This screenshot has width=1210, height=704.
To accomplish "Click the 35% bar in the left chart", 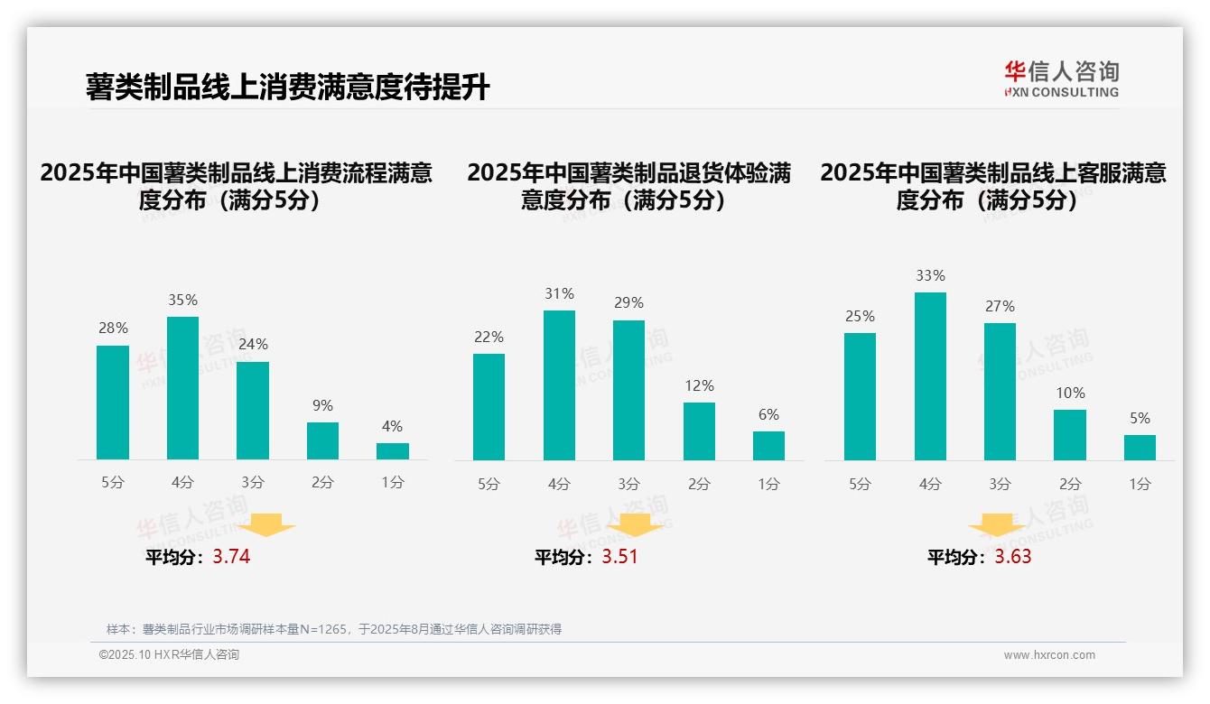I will click(x=182, y=388).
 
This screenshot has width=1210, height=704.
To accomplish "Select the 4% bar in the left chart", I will click(x=393, y=450).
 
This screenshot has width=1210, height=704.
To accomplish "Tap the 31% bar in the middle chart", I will click(x=559, y=385).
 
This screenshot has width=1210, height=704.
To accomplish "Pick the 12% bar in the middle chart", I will click(x=699, y=431).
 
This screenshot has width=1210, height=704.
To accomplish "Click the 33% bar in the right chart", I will click(x=930, y=376).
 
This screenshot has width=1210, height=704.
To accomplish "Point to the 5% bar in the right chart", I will click(x=1140, y=448).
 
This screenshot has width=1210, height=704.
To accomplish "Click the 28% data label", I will click(x=113, y=329).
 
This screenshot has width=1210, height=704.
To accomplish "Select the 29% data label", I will click(x=629, y=303).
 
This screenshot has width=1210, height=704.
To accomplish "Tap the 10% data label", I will click(x=1070, y=393).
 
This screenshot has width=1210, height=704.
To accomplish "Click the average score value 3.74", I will click(x=231, y=557).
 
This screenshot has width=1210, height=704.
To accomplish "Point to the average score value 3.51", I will click(x=619, y=557).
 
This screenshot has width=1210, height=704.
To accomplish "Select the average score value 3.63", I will click(x=1013, y=557).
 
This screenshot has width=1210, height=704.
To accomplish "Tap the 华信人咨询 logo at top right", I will click(x=1061, y=79).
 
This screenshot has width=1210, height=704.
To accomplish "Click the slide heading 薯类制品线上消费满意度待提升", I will click(x=287, y=88).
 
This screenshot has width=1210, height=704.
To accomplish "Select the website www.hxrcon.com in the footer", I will click(x=1049, y=655).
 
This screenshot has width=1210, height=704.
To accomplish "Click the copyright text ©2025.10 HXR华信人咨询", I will click(x=169, y=655).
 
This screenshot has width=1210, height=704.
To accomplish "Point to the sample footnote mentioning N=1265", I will click(x=334, y=629).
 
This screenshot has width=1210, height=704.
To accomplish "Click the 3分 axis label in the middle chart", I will click(x=629, y=484).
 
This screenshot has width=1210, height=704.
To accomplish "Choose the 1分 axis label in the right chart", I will click(x=1140, y=484).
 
